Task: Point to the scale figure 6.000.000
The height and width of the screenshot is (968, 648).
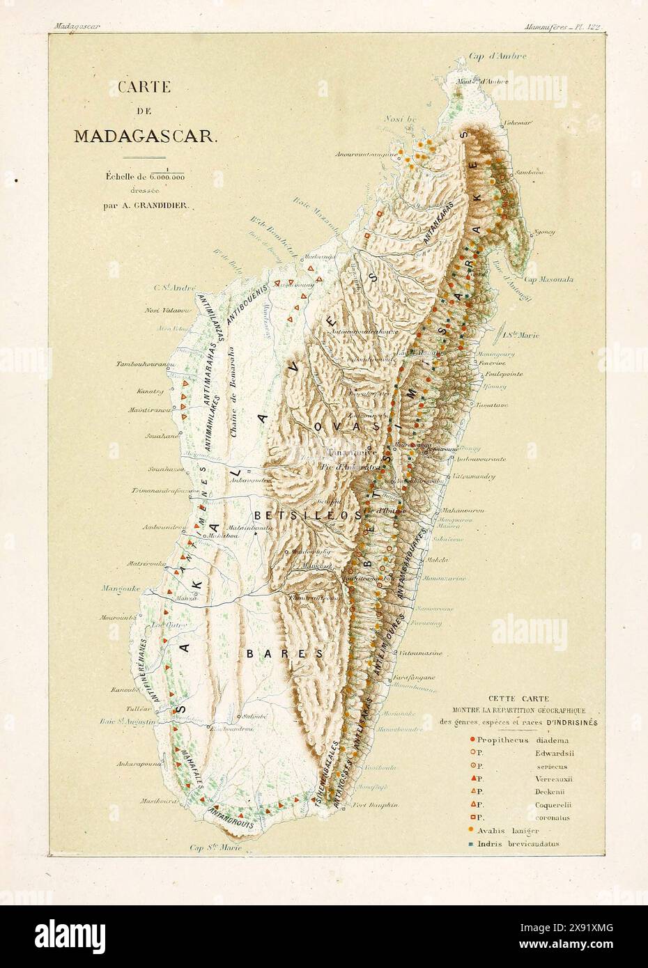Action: tap(165, 178)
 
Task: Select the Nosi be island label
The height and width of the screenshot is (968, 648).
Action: tap(400, 119)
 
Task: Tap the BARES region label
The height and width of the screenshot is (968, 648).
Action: tap(284, 654)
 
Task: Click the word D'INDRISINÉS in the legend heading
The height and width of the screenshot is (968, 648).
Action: tap(574, 721)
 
